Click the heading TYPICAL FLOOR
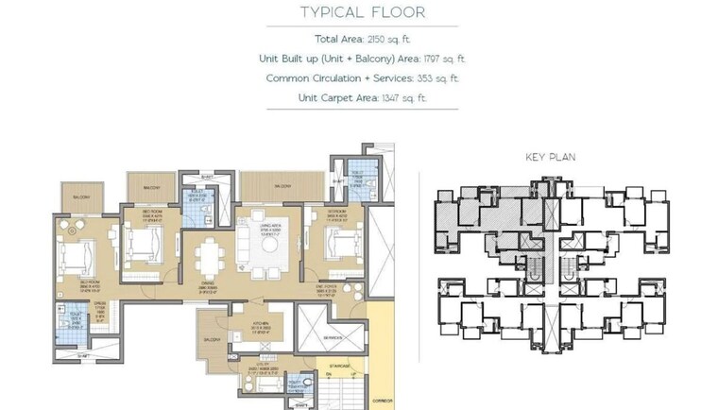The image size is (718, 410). point(363,12)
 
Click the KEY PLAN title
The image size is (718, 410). point(550,157)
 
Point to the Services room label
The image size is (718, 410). point(331,338)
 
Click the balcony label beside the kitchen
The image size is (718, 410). point(209,338)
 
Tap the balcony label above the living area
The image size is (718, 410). point(282,187)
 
